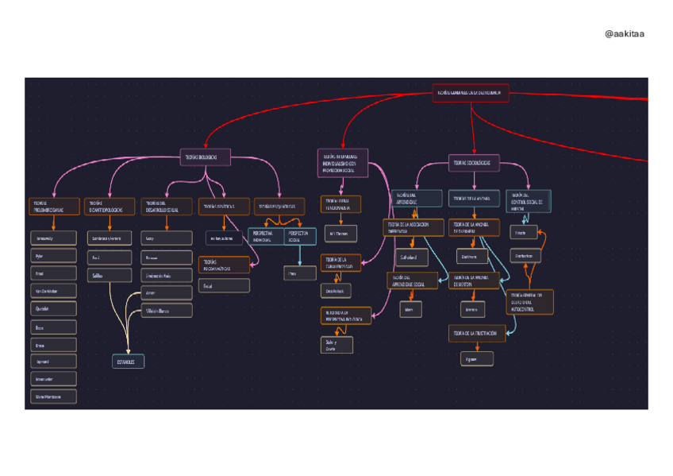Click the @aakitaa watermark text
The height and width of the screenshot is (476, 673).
click(624, 33)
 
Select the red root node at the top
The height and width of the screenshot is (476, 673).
click(471, 93)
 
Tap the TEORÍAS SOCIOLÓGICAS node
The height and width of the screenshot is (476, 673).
click(473, 163)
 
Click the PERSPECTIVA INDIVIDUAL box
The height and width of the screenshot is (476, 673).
click(265, 236)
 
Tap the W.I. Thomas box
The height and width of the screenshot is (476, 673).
click(340, 234)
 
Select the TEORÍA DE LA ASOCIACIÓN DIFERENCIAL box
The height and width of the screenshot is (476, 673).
click(413, 228)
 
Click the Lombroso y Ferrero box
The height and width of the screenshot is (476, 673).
click(110, 238)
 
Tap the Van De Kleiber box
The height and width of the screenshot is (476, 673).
click(54, 292)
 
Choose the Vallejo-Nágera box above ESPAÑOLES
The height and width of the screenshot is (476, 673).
click(166, 311)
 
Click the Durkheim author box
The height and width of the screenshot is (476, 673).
click(472, 257)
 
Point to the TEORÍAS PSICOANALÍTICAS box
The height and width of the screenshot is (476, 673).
click(224, 265)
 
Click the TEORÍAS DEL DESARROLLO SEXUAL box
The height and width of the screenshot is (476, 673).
click(166, 207)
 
